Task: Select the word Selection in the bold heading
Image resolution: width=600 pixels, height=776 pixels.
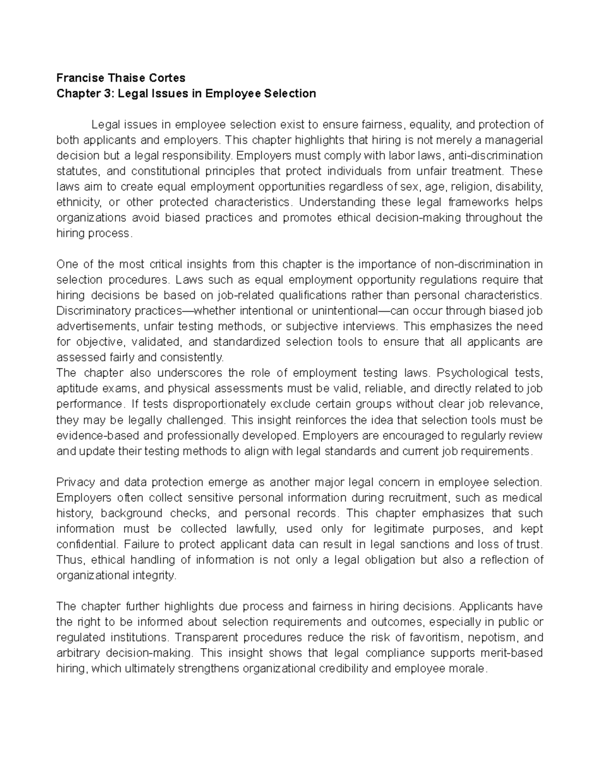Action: [x=290, y=93]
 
